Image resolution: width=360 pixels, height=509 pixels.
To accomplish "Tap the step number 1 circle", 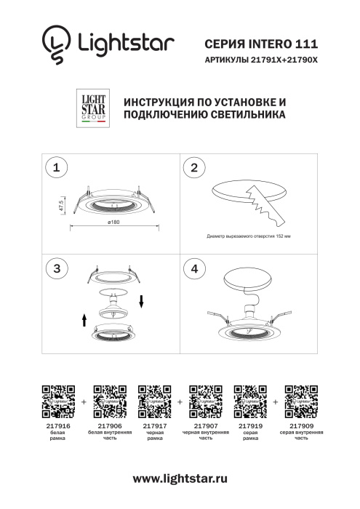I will (54, 168).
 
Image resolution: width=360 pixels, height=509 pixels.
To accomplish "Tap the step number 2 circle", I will (193, 168).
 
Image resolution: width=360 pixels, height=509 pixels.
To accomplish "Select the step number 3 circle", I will (54, 268).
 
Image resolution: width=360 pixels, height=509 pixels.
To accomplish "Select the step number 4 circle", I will (193, 268).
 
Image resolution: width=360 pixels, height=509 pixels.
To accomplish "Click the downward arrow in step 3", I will (143, 300).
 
